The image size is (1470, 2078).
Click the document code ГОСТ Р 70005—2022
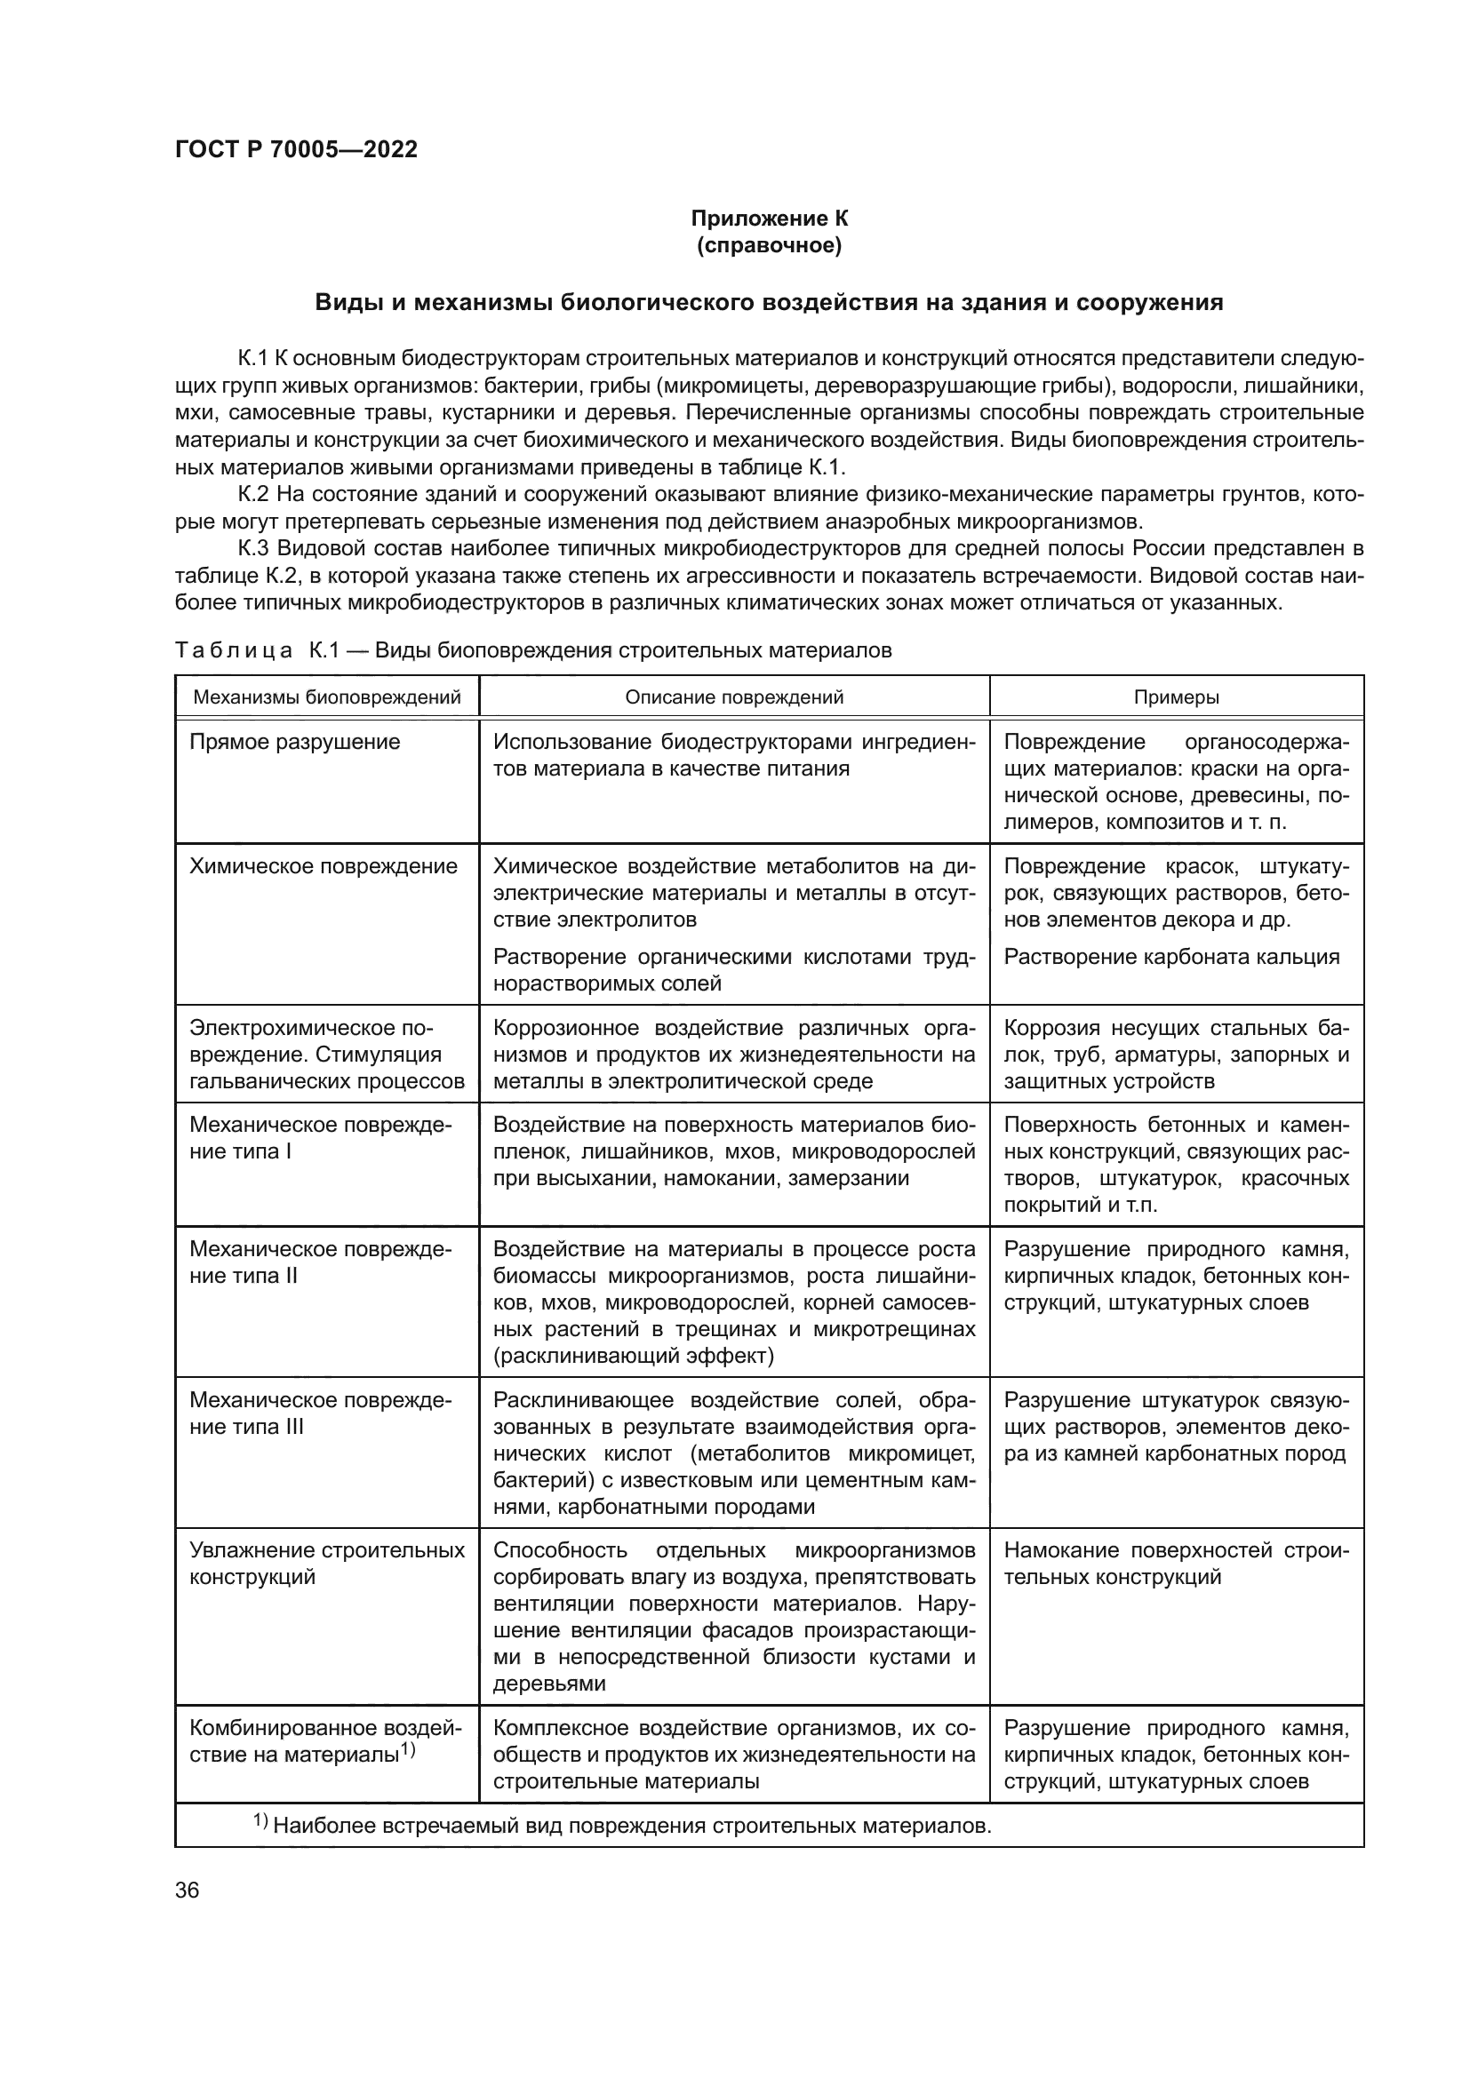296,150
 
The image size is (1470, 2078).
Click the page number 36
188,1891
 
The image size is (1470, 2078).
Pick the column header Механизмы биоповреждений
327,697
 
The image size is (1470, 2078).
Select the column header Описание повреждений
734,697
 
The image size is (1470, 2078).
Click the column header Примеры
1176,697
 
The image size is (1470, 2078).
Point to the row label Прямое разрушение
294,742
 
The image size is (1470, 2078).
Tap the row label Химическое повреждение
324,866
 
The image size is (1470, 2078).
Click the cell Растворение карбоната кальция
1171,957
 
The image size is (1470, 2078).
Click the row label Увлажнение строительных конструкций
327,1563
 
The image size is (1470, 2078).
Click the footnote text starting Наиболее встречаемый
631,1826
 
